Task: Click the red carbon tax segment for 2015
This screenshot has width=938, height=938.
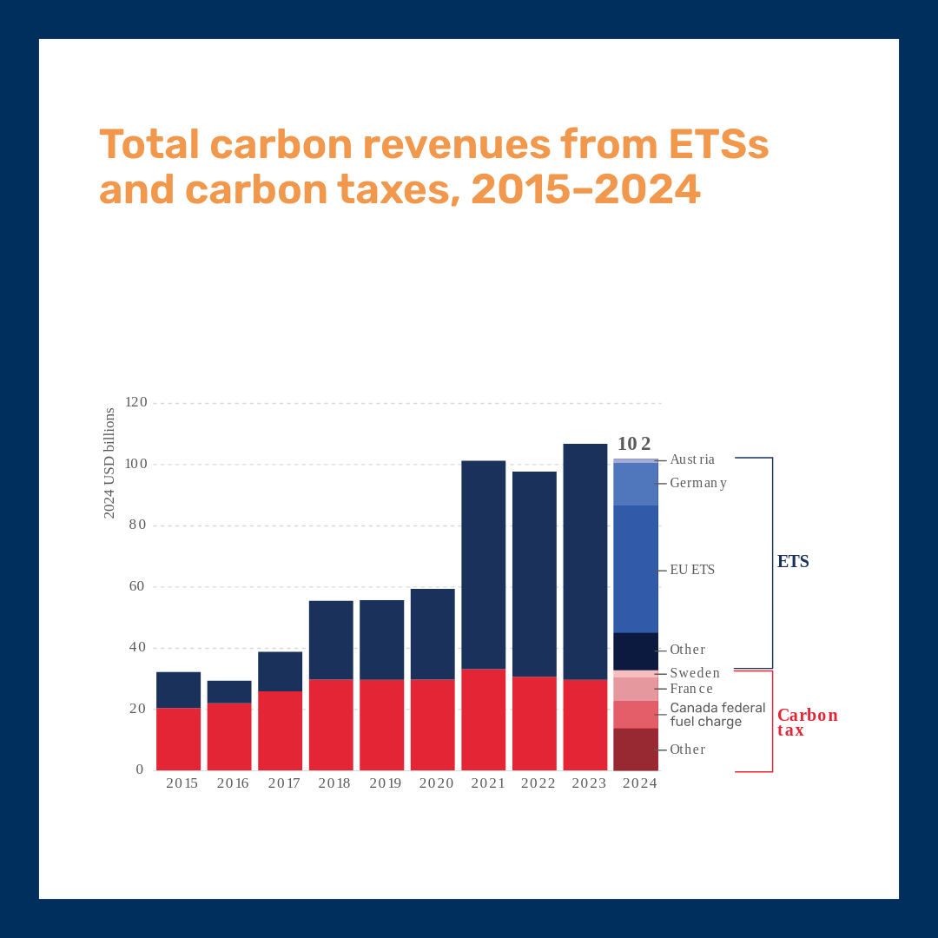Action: tap(178, 739)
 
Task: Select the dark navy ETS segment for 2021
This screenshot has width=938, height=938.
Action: tap(483, 565)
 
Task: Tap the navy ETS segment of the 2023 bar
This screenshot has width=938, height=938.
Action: tap(585, 561)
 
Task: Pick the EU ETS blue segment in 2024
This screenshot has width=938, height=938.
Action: tap(636, 569)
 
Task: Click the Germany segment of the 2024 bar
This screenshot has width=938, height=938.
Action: tap(636, 484)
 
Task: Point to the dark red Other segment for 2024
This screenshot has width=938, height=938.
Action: tap(636, 749)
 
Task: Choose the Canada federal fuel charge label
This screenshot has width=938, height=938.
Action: tap(717, 715)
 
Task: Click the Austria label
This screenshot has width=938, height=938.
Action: tap(692, 459)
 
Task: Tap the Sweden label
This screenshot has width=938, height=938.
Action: tap(695, 673)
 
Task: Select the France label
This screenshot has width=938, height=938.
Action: tap(691, 689)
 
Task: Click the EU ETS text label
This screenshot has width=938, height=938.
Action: tap(692, 570)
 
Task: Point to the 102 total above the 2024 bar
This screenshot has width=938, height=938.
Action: tap(634, 444)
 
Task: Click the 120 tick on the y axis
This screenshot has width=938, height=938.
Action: tap(136, 403)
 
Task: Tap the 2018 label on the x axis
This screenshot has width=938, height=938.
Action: tap(334, 783)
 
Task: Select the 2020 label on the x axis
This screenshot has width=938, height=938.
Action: tap(436, 783)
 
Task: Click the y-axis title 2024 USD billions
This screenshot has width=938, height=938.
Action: tap(109, 463)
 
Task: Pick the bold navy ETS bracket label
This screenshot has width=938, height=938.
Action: tap(793, 562)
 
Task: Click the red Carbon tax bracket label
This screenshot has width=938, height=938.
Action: tap(807, 723)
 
